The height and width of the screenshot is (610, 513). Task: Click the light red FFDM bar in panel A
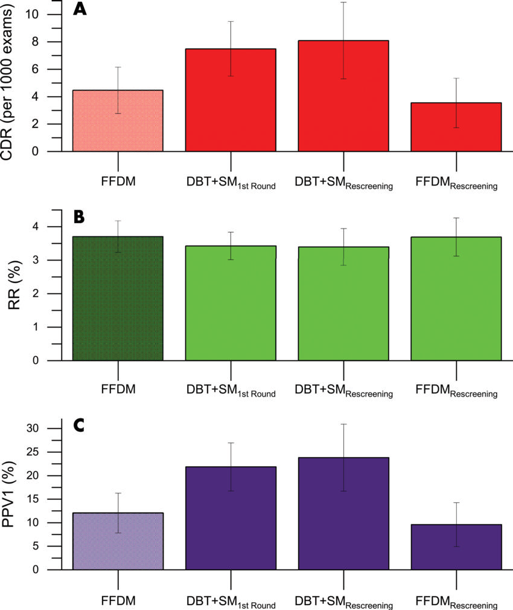pos(118,121)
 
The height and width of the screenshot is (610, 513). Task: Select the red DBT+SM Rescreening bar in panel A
pos(343,97)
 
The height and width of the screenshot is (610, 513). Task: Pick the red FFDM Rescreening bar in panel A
pos(456,127)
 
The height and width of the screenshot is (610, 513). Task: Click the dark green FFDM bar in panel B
pos(118,299)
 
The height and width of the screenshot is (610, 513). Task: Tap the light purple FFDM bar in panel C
pos(118,541)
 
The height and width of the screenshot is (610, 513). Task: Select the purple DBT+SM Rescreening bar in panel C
pos(343,514)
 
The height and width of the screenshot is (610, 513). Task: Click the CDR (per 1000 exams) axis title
pos(10,81)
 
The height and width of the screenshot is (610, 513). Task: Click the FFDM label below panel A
pos(118,181)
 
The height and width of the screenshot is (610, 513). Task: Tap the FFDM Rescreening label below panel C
pos(456,602)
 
